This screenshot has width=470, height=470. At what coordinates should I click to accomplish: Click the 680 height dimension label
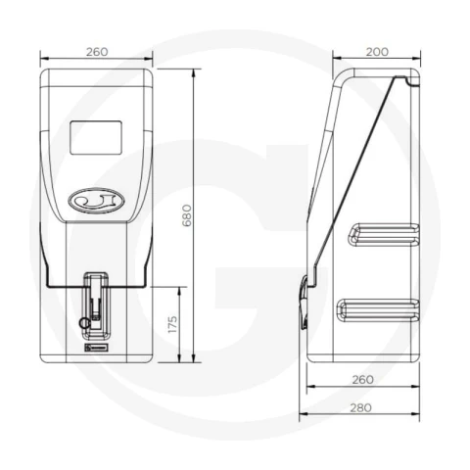click(187, 215)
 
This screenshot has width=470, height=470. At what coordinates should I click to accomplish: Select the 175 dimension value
click(172, 324)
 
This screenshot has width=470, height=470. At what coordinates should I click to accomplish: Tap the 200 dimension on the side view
click(377, 52)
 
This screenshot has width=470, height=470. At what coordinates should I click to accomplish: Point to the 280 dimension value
click(360, 407)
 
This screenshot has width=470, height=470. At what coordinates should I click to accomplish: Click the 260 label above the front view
click(97, 52)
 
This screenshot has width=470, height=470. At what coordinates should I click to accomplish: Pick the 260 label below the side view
click(362, 380)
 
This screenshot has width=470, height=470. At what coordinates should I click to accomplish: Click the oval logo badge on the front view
click(96, 201)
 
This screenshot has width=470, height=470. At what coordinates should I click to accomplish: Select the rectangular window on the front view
click(96, 137)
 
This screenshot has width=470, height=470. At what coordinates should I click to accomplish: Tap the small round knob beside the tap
click(84, 323)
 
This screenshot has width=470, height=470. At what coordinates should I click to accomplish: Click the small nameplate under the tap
click(96, 348)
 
